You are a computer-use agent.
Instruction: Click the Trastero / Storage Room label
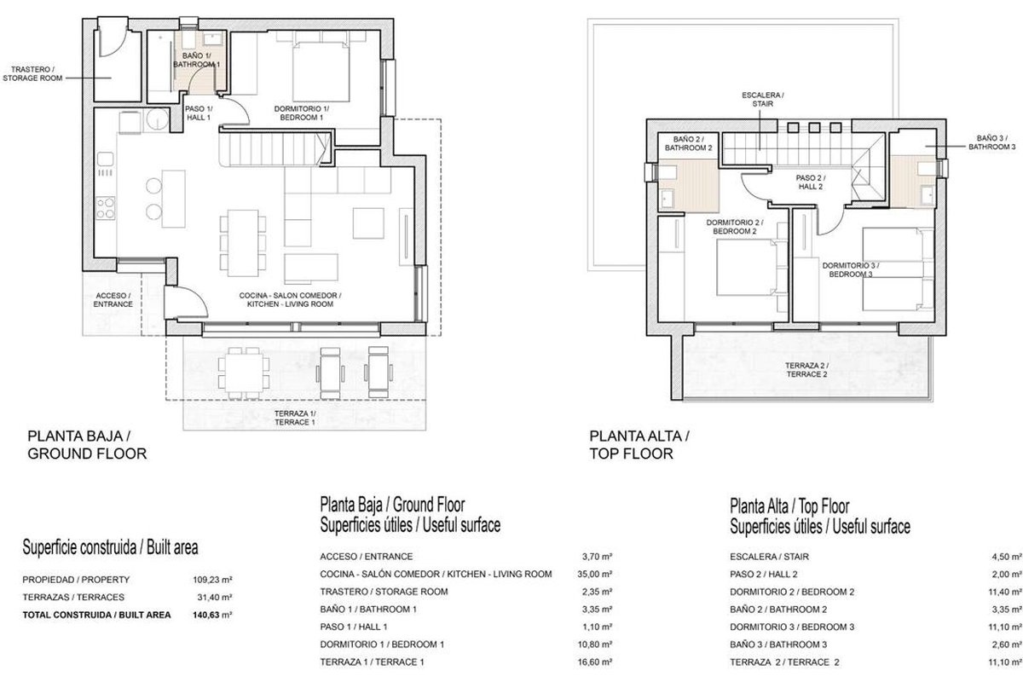[x=32, y=73]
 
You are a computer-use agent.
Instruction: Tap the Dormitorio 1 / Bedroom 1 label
[x=302, y=113]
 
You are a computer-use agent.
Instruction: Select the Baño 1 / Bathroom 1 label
[x=196, y=60]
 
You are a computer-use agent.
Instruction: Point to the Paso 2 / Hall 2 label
[x=811, y=182]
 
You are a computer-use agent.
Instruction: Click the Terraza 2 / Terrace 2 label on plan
[x=806, y=369]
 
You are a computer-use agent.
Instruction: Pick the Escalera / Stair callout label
[x=763, y=99]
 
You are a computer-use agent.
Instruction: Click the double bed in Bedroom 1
[x=321, y=69]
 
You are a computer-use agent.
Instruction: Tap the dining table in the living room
[x=243, y=243]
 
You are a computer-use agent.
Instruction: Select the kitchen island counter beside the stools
[x=174, y=199]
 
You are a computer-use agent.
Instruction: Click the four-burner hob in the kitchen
[x=105, y=208]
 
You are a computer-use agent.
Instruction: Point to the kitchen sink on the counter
[x=105, y=159]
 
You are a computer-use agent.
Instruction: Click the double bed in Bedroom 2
[x=746, y=267]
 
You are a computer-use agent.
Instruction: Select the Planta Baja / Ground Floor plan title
[x=87, y=444]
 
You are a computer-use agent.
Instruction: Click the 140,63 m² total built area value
[x=212, y=615]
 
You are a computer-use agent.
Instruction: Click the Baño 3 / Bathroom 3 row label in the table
[x=778, y=644]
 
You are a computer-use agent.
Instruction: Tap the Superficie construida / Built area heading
[x=110, y=547]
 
